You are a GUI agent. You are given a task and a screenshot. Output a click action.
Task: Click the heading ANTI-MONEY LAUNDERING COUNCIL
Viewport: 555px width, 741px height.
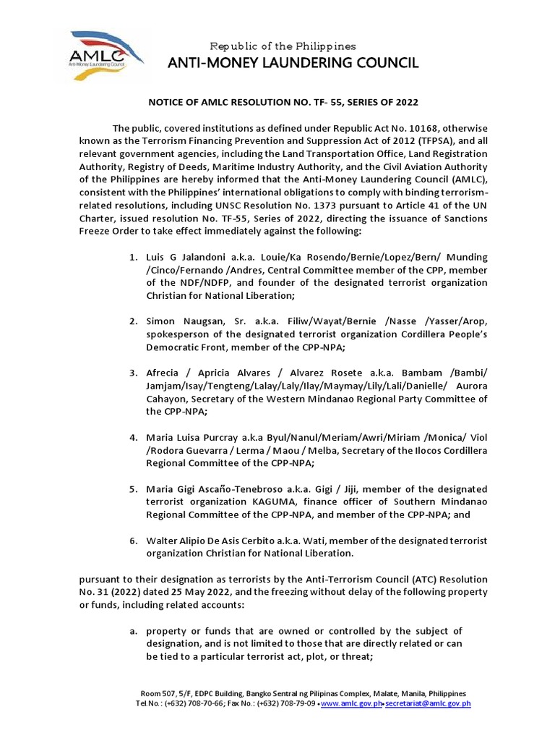[293, 64]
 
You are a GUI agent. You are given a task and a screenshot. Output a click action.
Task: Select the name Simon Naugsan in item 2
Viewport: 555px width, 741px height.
[186, 321]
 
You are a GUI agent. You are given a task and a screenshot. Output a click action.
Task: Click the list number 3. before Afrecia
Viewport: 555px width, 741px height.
[134, 373]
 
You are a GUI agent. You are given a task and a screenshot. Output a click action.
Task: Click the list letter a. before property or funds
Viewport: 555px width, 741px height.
[134, 632]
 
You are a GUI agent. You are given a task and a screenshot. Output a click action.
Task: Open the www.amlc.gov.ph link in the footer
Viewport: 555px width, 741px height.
[350, 703]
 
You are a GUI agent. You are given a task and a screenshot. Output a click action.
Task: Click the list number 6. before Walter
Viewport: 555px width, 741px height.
[134, 541]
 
